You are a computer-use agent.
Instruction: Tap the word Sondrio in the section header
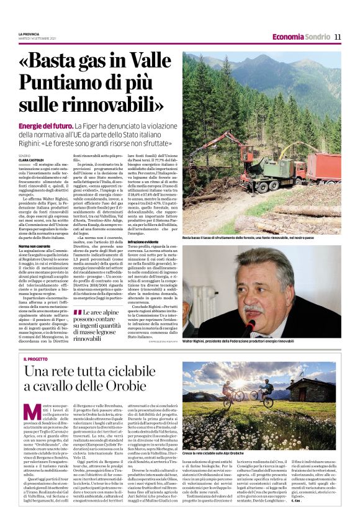318,37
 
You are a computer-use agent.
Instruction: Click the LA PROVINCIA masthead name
29,34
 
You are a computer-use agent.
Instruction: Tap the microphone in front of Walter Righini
250,326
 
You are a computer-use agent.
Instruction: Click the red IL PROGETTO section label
36,359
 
